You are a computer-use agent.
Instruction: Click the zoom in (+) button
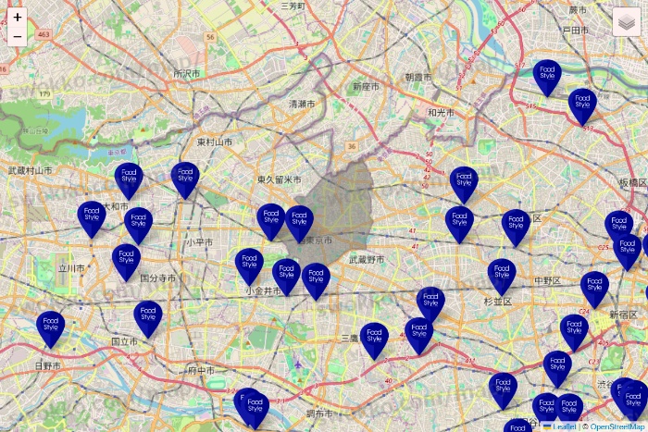coord(18,17)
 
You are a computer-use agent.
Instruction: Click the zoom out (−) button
coord(18,36)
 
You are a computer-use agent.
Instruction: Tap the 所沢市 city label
coord(186,73)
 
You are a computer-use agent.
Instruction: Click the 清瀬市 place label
coord(302,104)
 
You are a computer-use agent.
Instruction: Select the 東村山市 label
coord(214,142)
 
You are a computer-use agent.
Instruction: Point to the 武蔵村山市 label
coord(32,170)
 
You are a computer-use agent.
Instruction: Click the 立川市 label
coord(71,268)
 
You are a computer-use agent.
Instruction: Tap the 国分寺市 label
coord(157,278)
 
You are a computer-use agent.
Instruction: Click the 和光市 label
coord(442,112)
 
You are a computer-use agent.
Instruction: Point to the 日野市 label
coord(47,366)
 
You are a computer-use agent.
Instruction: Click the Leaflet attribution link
coord(564,426)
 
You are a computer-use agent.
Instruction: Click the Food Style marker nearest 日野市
coord(51,327)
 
